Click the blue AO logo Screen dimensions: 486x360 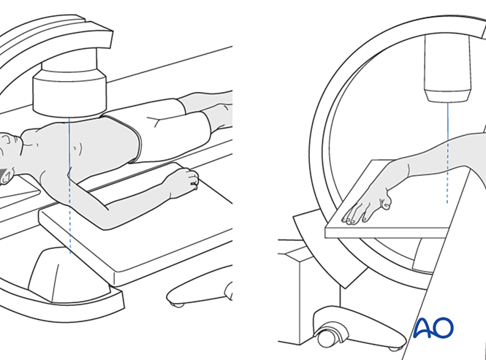click(433, 327)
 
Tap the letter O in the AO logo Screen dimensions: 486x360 click(443, 327)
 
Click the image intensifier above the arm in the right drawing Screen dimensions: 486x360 click(448, 68)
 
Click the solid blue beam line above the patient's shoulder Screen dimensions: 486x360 click(69, 145)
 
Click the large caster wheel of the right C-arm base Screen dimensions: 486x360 click(327, 336)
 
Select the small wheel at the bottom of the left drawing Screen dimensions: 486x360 click(178, 305)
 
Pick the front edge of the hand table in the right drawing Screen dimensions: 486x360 click(387, 233)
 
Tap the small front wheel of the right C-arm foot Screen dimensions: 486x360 click(394, 348)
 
